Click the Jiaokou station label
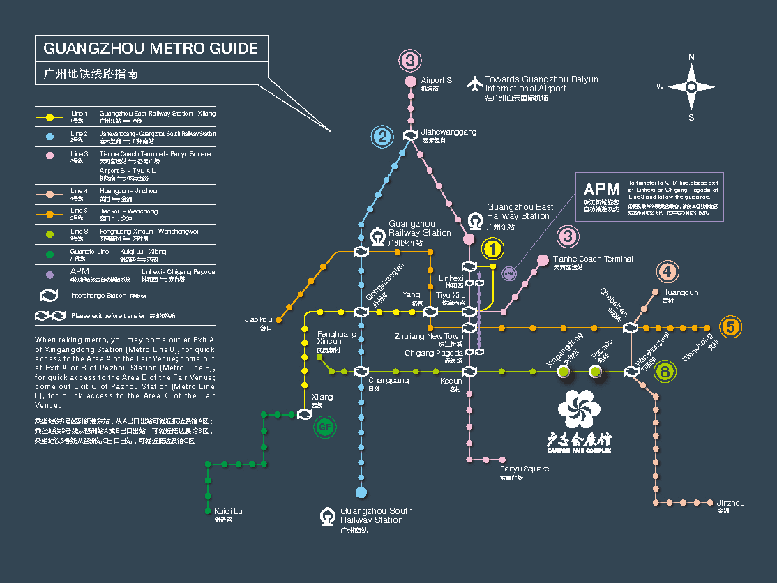point(258,320)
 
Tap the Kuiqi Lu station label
point(228,512)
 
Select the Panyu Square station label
point(524,469)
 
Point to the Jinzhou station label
point(730,503)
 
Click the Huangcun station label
point(680,293)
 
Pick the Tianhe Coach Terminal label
point(593,259)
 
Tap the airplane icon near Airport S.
point(475,84)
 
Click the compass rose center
point(691,86)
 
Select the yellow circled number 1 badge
point(492,248)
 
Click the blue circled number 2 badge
point(382,136)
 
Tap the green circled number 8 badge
point(665,372)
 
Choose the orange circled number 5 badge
point(730,327)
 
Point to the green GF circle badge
point(324,427)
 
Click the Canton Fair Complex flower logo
point(578,409)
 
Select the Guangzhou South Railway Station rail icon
point(327,516)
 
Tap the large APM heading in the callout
point(601,189)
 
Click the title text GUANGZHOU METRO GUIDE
point(151,49)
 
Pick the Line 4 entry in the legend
point(79,191)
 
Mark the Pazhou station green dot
point(595,372)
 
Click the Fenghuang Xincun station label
point(337,338)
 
